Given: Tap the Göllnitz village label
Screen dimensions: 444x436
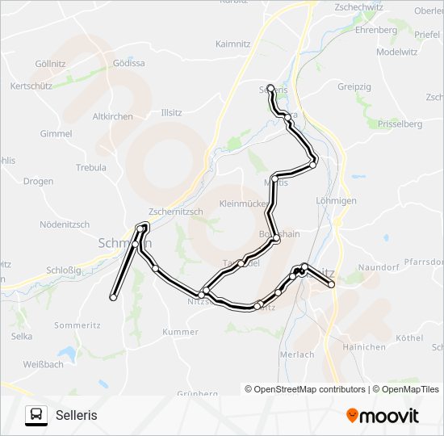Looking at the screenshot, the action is (x=51, y=64).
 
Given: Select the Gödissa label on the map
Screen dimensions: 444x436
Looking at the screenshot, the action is (x=129, y=63).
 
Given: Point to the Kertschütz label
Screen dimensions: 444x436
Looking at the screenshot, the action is (x=31, y=86).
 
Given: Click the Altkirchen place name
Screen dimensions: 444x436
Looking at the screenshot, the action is (x=113, y=116).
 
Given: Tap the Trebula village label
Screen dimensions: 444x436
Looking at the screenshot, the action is (x=91, y=168).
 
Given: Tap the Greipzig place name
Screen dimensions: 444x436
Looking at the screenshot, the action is (x=354, y=86).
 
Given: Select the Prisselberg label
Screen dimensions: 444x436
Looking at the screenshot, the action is (x=400, y=124).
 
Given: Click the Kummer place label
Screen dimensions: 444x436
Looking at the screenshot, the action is (x=180, y=332).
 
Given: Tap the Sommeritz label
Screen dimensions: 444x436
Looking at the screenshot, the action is (x=76, y=325).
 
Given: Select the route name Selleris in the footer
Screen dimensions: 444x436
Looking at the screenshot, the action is (x=77, y=415).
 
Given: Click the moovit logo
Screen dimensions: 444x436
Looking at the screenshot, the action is (x=383, y=416).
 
